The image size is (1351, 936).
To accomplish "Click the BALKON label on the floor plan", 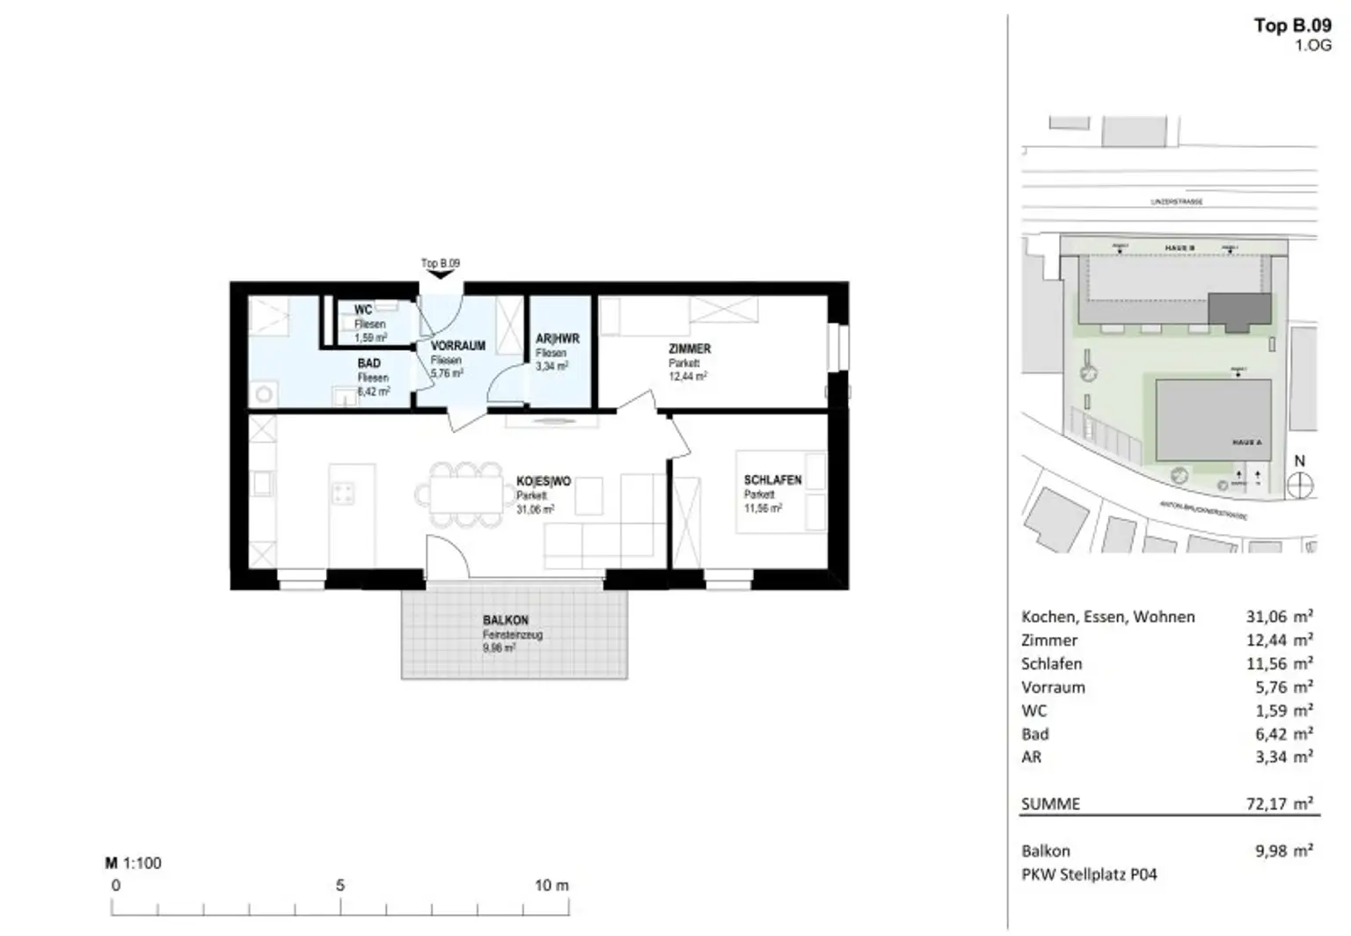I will tap(505, 620).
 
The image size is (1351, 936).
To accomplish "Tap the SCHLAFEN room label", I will tap(772, 480).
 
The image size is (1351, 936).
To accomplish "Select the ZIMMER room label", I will tap(689, 349).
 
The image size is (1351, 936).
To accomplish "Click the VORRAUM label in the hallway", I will tap(457, 346).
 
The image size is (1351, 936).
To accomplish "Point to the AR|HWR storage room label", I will tap(557, 339).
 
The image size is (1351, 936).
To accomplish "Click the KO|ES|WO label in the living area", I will tap(543, 481).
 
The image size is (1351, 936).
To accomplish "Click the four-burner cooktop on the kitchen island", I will tap(342, 494).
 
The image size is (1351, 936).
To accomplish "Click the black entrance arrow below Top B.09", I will tap(440, 274).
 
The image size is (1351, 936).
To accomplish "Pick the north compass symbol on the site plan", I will tap(1299, 485).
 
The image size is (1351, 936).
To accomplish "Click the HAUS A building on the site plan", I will tap(1213, 420).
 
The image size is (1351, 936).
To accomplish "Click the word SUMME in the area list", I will tap(1050, 803).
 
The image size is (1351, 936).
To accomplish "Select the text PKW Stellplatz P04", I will tap(1089, 874).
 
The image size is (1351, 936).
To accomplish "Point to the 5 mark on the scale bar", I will tap(340, 886).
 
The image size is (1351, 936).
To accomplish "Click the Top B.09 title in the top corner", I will tap(1292, 26).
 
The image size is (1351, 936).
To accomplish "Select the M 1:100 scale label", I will tap(134, 863).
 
